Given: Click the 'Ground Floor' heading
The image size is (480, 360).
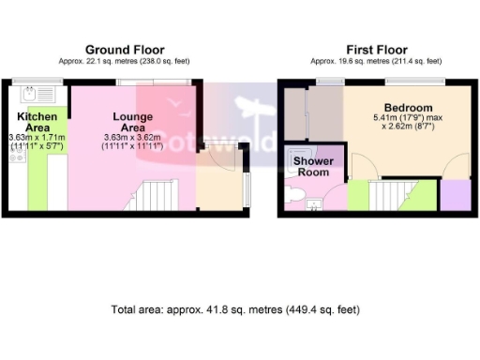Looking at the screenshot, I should coord(125,50).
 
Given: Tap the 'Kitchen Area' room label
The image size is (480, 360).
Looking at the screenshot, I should coord(37,122).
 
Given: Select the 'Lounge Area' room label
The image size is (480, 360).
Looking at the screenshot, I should coord(132,122).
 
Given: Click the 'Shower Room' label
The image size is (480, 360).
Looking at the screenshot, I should coord(313,167).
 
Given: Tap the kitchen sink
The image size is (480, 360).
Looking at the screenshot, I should coord(33,94).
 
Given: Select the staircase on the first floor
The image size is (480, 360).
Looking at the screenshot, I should coord(387,196).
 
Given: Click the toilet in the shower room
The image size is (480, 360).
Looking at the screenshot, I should coord(293,194).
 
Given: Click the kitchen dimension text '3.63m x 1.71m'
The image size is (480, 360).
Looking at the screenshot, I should coord(37,137).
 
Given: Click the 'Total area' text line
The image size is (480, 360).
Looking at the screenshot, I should coord(234,309).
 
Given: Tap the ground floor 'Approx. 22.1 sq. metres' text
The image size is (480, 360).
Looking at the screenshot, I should coord(125,62).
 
